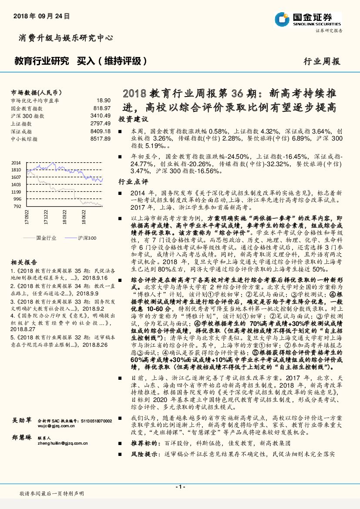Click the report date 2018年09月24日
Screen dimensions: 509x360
coord(42,16)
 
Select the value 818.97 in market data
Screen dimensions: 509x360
coord(102,108)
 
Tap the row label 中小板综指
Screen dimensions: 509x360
coord(24,139)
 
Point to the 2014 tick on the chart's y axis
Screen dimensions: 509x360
coord(16,162)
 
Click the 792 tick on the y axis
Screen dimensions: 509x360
coord(17,206)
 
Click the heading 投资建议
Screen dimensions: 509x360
coord(133,119)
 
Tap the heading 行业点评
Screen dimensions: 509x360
coord(133,181)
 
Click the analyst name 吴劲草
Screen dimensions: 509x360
coord(21,420)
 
